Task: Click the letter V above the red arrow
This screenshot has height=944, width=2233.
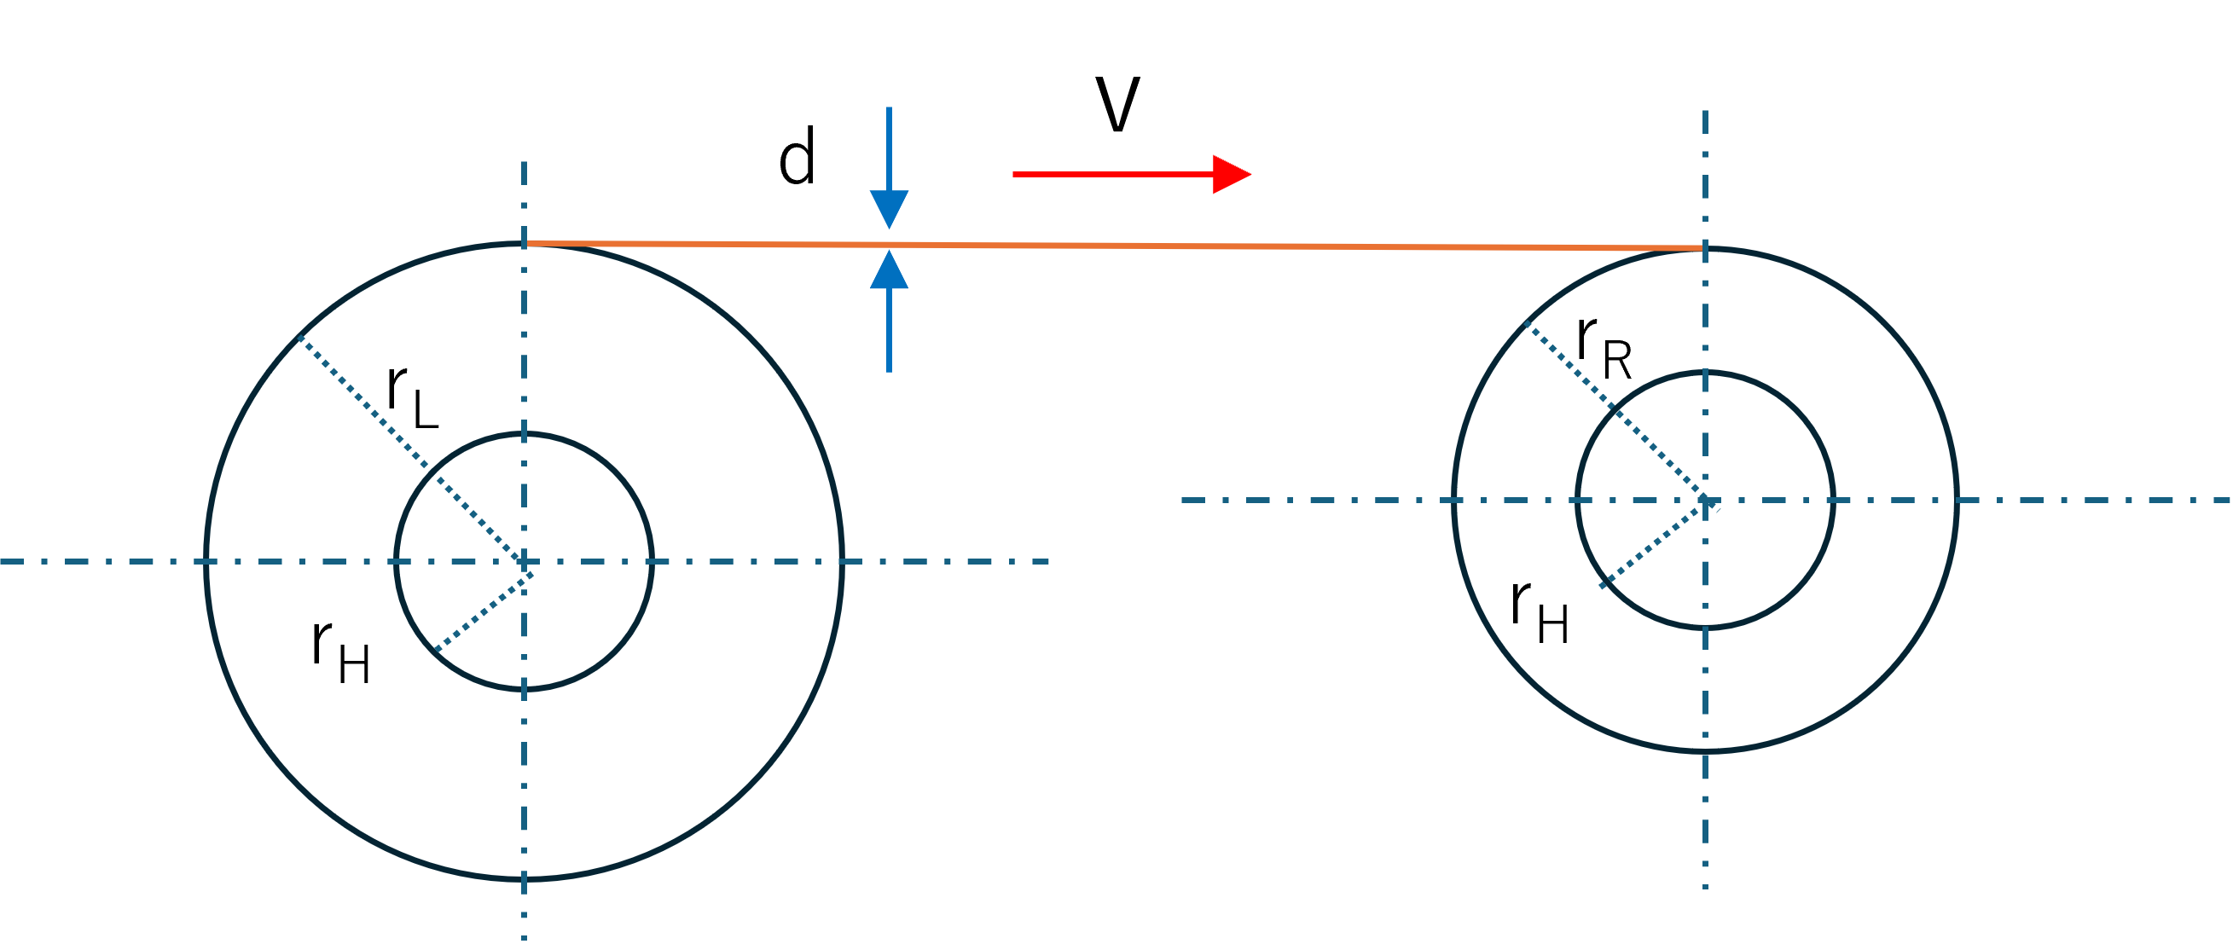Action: coord(1117,104)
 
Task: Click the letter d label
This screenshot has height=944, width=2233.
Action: coord(797,157)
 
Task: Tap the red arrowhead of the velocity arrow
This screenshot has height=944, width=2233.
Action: coord(1231,174)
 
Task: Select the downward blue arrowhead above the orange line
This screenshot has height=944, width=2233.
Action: coord(889,210)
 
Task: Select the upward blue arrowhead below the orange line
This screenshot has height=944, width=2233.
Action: coord(889,269)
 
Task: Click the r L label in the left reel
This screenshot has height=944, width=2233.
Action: coord(413,397)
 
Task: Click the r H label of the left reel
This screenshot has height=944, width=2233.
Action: coord(340,652)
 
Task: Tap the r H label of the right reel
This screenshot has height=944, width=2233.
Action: coord(1540,611)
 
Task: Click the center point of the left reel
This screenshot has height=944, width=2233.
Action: coord(524,562)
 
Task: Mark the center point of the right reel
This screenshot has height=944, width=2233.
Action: coord(1704,501)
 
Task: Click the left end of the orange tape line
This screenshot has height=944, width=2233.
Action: coord(525,244)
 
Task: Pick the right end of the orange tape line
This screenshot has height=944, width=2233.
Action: coord(1704,249)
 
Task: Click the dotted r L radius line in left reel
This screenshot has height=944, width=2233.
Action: coord(411,449)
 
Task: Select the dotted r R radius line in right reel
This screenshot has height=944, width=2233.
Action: coord(1615,411)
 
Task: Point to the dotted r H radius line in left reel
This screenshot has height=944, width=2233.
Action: coord(479,607)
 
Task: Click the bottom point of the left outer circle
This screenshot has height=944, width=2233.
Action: coord(524,880)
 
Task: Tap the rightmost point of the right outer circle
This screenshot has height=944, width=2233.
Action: coord(1957,501)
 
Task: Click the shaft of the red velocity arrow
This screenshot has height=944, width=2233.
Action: coord(1113,174)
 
